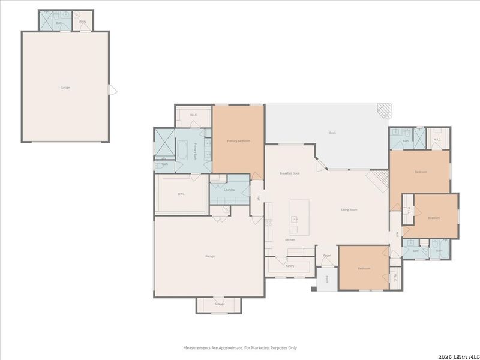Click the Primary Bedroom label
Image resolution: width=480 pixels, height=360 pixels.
tap(238, 141)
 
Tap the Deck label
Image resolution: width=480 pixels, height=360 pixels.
tap(332, 133)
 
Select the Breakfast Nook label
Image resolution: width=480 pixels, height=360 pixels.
tap(290, 173)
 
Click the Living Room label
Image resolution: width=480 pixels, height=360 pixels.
tap(349, 209)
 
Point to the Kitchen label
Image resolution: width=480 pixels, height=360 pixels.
tap(290, 240)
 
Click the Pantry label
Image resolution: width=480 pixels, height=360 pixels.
tap(290, 266)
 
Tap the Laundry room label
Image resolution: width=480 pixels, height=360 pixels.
tap(229, 190)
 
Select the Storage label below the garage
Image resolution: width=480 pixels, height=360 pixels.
tap(220, 304)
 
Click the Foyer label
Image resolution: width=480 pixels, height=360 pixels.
tap(327, 256)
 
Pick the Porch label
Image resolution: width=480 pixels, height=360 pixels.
tap(326, 279)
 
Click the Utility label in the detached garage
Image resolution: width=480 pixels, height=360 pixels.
tap(82, 22)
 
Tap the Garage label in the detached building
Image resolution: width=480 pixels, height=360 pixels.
tap(65, 88)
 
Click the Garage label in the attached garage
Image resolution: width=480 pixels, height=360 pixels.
tap(210, 256)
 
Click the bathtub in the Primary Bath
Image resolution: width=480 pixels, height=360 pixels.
tap(182, 149)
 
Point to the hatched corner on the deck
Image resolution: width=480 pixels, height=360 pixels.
tap(383, 110)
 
